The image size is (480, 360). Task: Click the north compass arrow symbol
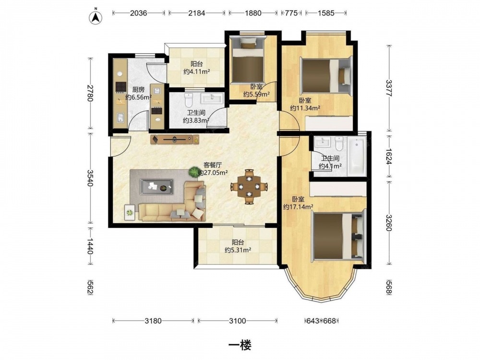[x=96, y=18]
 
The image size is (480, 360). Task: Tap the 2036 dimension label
[x=139, y=13]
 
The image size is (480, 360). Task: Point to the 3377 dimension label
[x=389, y=88]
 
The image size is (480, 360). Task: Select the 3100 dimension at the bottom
[x=238, y=321]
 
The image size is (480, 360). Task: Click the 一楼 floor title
[x=240, y=345]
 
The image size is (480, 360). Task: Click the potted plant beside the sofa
[x=194, y=172]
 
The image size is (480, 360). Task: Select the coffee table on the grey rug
[x=156, y=186]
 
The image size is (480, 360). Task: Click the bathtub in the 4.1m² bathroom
[x=357, y=156]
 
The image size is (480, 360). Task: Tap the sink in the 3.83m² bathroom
[x=212, y=98]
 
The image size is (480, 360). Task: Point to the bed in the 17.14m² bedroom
[x=339, y=235]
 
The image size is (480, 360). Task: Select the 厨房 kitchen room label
[x=138, y=90]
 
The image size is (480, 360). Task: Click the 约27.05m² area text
[x=213, y=173]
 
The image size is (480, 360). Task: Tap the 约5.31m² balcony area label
[x=238, y=250]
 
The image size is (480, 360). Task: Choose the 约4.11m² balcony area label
[x=196, y=72]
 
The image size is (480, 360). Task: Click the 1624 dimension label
[x=389, y=157]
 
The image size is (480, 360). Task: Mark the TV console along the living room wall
[x=175, y=139]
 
